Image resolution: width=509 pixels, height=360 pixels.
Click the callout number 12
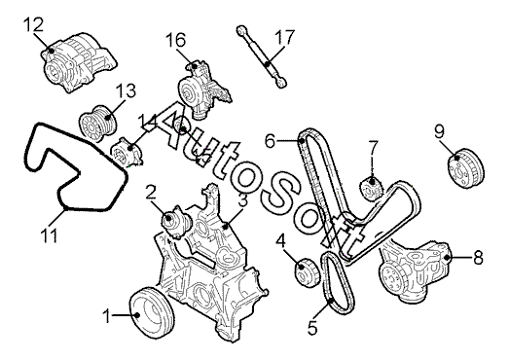[33, 25]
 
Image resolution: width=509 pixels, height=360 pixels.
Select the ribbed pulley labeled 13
[98, 124]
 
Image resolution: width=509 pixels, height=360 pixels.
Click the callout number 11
[49, 235]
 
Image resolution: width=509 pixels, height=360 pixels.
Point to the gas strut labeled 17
[262, 56]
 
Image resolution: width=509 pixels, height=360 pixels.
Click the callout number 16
[175, 40]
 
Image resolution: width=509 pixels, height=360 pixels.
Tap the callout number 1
[107, 316]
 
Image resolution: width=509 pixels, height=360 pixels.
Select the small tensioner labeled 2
[177, 223]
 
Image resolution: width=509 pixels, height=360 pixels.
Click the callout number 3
[242, 200]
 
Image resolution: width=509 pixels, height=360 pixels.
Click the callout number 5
[312, 327]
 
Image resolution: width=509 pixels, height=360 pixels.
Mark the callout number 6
[271, 141]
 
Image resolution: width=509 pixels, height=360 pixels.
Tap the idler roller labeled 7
[373, 189]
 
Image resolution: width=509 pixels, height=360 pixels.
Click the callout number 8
[478, 258]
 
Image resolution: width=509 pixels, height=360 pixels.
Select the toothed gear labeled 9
[466, 167]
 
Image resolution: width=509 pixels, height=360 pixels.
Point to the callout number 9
[439, 131]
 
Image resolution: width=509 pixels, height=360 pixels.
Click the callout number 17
[285, 38]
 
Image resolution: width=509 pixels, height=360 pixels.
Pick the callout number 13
[126, 91]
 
